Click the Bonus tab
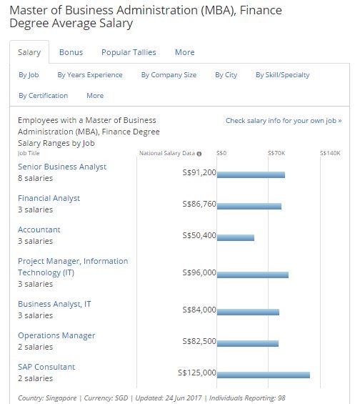coord(71,52)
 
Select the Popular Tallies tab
coord(129,52)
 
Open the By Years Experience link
coord(90,75)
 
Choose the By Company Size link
coord(169,75)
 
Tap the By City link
coord(226,75)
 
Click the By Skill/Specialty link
coord(283,75)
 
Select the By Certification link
coord(44,96)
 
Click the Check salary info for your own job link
coord(284,121)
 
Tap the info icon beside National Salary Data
coord(199,154)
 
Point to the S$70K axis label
coord(276,153)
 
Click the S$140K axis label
coord(330,153)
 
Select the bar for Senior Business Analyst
coord(251,175)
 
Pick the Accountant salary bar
coord(236,237)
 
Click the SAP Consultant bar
coord(264,375)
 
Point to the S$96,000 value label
coord(199,272)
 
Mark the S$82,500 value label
coord(199,341)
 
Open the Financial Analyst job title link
coord(49,198)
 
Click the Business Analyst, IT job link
coord(54,304)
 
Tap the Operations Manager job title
coord(56,335)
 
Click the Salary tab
coord(29,52)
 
